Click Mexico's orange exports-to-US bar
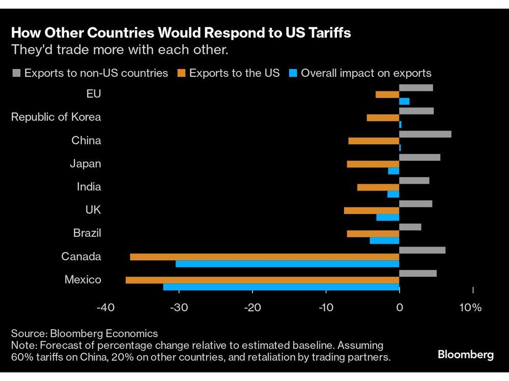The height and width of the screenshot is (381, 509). (262, 280)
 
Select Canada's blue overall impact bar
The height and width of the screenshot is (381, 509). (287, 264)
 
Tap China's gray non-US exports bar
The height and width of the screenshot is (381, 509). (425, 134)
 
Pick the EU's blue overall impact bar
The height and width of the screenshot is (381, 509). (404, 101)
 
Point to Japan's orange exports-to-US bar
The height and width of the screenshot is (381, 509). (373, 164)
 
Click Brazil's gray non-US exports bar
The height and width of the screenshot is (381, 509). (410, 227)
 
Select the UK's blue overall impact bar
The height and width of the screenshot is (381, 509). (387, 217)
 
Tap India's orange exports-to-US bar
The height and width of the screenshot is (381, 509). (378, 187)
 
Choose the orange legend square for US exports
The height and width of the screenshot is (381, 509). (181, 73)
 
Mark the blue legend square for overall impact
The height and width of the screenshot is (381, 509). (292, 73)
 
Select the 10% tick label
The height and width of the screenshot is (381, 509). (470, 308)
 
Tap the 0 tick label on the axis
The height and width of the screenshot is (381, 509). (400, 308)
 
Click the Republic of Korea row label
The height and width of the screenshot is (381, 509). (56, 117)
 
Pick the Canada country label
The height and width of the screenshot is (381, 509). (81, 257)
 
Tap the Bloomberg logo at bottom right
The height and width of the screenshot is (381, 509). (465, 355)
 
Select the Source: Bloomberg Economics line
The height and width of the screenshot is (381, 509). (84, 334)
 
